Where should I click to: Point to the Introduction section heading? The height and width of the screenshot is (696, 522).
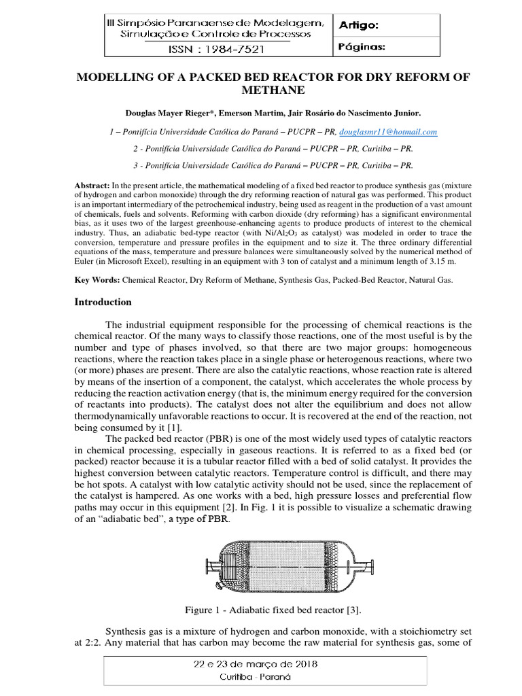[x=103, y=302]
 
